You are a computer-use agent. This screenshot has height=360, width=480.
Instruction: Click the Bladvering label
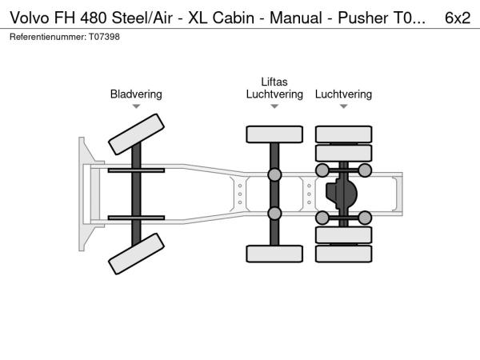tap(136, 94)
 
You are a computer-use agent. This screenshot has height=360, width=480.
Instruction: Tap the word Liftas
tap(274, 82)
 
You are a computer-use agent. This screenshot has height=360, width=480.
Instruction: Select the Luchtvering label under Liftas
tap(274, 94)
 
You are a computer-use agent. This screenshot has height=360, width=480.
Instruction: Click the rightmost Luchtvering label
tap(343, 94)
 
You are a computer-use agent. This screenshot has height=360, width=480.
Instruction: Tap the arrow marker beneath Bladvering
tap(136, 106)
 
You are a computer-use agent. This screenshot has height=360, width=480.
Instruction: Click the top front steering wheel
tap(136, 134)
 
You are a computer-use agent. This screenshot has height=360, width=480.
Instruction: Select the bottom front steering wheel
tap(136, 256)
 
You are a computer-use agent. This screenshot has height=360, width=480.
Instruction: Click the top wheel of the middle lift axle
tap(274, 134)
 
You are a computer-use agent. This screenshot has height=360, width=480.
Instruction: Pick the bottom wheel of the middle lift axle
tap(274, 254)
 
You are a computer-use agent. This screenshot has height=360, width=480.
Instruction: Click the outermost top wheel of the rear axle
tap(343, 134)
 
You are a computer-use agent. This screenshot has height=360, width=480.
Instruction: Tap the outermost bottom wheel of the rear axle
tap(343, 254)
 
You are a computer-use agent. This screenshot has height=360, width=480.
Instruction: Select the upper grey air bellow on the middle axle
tap(274, 175)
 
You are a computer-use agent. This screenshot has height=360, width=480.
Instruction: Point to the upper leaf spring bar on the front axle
tap(136, 170)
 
